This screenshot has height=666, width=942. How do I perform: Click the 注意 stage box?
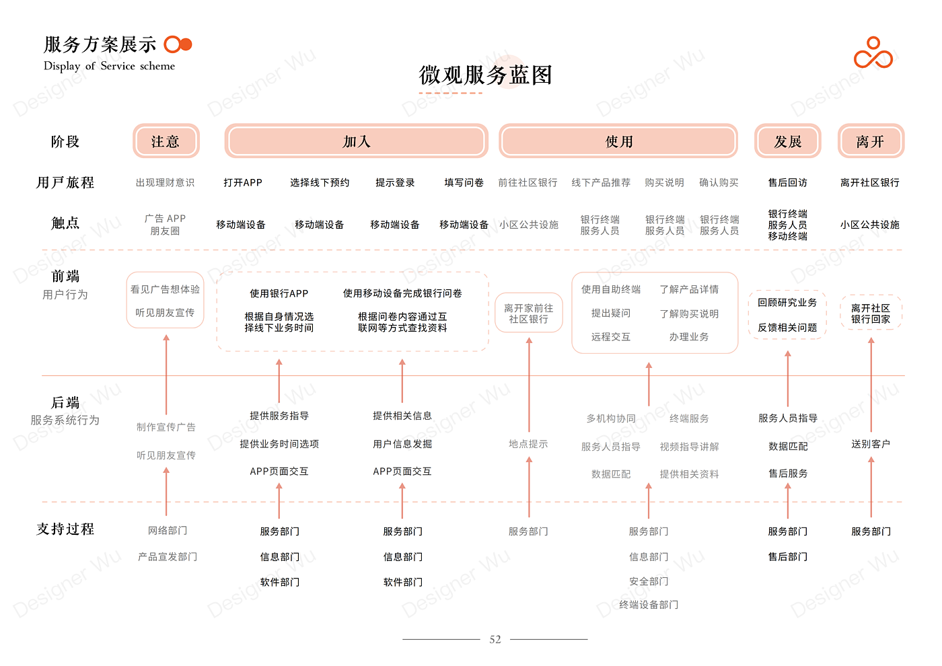(x=166, y=141)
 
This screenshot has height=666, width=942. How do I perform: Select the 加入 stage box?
(x=356, y=141)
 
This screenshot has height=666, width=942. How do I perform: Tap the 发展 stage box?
(x=788, y=141)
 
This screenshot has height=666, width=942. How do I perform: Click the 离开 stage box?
(x=871, y=141)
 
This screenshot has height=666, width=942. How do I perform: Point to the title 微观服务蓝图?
(x=485, y=75)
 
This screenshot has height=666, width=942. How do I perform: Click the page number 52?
(x=495, y=640)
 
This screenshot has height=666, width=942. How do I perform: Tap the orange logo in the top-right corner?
(x=873, y=53)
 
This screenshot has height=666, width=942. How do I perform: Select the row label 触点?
(x=65, y=223)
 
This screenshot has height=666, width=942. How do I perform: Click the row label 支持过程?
(x=65, y=529)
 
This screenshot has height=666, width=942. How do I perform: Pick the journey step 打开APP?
(x=243, y=182)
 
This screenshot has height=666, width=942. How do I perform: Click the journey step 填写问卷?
(x=464, y=182)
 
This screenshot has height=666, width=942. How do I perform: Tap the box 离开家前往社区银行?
(x=529, y=313)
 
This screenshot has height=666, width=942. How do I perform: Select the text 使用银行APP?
(x=279, y=293)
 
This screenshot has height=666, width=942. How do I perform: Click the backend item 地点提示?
(x=528, y=444)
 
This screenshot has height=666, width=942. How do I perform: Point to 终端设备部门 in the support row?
(x=649, y=605)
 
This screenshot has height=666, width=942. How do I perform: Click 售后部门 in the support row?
(x=788, y=557)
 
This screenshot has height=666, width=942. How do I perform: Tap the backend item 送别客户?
(x=871, y=444)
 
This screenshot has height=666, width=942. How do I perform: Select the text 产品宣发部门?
(x=168, y=557)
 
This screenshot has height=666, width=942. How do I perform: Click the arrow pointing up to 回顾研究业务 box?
(x=788, y=379)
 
